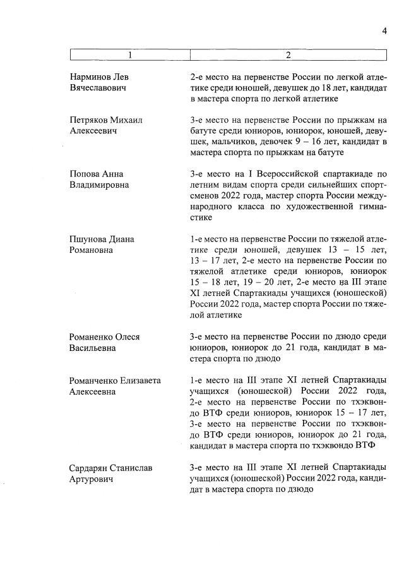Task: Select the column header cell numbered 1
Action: tap(130, 56)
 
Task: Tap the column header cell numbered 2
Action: tap(288, 56)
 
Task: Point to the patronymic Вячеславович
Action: tap(97, 87)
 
